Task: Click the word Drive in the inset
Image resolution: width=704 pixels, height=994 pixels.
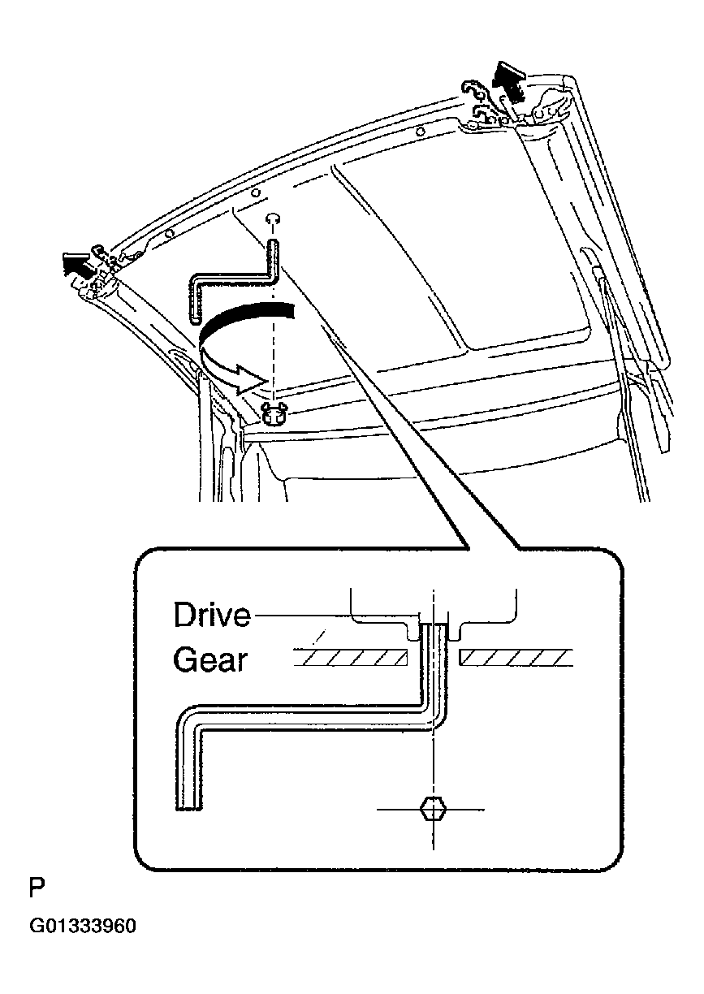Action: [x=212, y=615]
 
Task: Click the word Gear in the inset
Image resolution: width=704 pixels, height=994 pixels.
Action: [x=209, y=660]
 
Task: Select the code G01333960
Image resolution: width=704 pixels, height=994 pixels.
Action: [x=83, y=927]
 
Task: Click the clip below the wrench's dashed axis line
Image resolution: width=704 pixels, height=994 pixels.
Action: [x=274, y=413]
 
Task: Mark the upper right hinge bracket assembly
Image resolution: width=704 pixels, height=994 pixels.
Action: [x=515, y=109]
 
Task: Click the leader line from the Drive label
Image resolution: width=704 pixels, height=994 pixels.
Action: [x=335, y=615]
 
